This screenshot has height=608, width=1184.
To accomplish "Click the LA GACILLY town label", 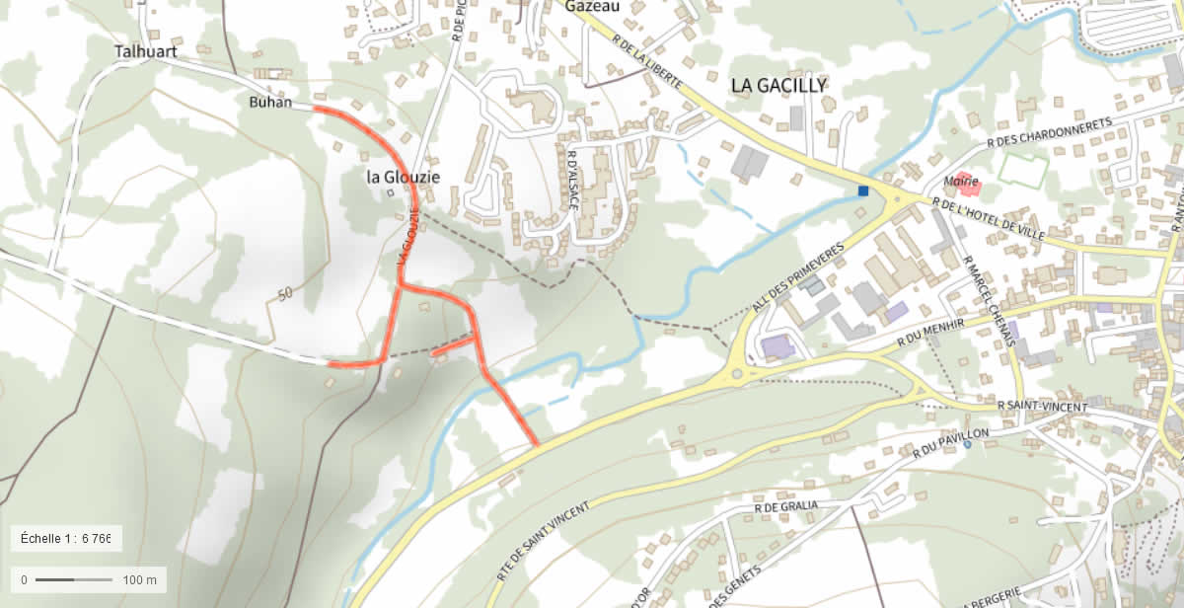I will pyautogui.click(x=778, y=86).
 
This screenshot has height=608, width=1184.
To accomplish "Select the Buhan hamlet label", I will pyautogui.click(x=270, y=102).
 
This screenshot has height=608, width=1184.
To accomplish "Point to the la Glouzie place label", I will pyautogui.click(x=403, y=177).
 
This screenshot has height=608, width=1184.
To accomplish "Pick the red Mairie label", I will pyautogui.click(x=960, y=182).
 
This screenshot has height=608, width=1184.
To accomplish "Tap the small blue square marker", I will pyautogui.click(x=863, y=190).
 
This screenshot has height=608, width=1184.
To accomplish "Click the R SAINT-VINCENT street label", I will pyautogui.click(x=1042, y=407).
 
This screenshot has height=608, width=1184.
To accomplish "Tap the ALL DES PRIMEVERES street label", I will pyautogui.click(x=799, y=277).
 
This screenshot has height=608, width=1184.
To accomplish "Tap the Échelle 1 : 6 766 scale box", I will pyautogui.click(x=66, y=539).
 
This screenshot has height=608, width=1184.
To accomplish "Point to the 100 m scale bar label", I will pyautogui.click(x=140, y=579).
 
